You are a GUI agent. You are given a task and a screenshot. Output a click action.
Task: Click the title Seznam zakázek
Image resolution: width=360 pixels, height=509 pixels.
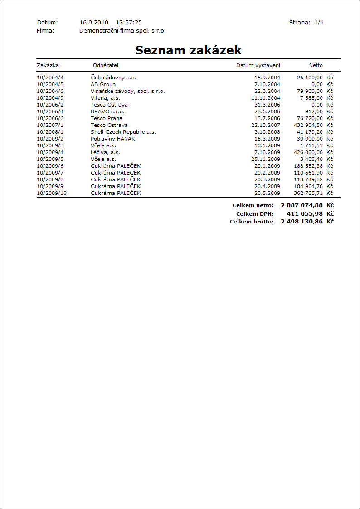pos(188,50)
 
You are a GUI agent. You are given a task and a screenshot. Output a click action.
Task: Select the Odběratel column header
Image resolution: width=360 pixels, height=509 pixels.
pos(106,65)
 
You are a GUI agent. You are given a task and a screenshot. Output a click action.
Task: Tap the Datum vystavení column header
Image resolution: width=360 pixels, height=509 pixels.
pos(258,65)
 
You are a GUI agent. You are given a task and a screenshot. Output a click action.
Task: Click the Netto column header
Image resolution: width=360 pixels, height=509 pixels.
pos(316,65)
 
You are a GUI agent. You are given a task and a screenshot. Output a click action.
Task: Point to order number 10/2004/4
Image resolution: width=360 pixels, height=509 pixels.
pos(50,78)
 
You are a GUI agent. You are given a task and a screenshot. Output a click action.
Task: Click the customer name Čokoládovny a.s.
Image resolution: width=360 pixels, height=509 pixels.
pos(110,78)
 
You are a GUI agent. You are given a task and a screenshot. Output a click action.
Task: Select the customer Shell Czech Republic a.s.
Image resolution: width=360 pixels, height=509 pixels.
pos(123,132)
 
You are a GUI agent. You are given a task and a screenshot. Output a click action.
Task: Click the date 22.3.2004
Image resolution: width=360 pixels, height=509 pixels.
pos(267,91)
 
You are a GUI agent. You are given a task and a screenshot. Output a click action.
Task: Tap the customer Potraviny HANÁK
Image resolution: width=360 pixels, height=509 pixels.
pos(112,139)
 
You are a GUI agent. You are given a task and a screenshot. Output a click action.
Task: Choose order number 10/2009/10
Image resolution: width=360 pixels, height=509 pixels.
pos(52,193)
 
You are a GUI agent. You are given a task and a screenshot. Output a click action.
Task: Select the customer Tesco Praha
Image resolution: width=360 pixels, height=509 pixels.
pos(107,118)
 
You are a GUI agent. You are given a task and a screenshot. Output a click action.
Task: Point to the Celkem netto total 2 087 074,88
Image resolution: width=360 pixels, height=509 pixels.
pos(302,205)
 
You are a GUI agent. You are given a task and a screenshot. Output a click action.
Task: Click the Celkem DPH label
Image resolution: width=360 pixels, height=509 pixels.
pos(255,213)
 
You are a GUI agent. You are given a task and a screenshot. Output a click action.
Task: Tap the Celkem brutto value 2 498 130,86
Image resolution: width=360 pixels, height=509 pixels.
pos(302,222)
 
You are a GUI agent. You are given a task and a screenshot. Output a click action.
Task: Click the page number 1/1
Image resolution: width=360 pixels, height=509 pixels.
pos(319,22)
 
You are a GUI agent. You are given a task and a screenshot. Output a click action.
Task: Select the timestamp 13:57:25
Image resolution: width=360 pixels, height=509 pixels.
pos(129,22)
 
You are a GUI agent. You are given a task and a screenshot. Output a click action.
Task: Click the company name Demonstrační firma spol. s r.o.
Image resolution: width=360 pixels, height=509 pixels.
pos(122,31)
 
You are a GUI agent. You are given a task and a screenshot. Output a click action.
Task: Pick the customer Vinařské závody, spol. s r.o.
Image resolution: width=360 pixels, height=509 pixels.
pos(128,91)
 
